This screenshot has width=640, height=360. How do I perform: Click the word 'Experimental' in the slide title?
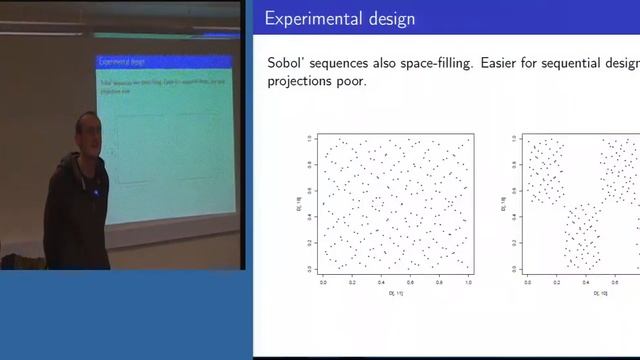click(312, 19)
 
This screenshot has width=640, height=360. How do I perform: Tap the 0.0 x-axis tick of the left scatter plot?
click(323, 283)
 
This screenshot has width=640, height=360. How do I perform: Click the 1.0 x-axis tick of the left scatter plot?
click(468, 283)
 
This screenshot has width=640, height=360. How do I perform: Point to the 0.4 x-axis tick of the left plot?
click(381, 283)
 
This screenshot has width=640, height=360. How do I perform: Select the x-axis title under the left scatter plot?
click(395, 295)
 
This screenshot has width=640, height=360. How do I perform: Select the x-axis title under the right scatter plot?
click(597, 295)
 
